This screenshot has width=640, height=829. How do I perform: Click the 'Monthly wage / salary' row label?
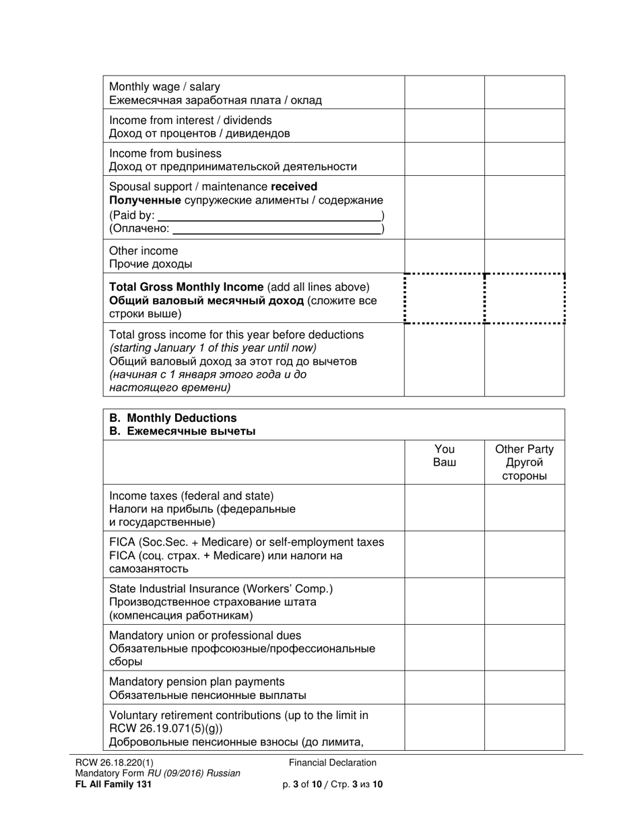(164, 87)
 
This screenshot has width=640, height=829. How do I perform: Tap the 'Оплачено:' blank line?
(276, 230)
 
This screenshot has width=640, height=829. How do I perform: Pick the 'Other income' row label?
(143, 251)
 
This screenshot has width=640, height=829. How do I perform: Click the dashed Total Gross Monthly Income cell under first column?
(444, 299)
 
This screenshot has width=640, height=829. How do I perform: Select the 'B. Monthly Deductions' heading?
(172, 418)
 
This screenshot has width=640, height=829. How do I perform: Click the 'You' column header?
(444, 450)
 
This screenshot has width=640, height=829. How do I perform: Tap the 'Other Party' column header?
(524, 450)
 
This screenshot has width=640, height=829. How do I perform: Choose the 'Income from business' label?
(165, 153)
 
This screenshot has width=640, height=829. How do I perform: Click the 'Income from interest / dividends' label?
(191, 120)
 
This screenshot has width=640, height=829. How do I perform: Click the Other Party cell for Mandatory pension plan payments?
(524, 687)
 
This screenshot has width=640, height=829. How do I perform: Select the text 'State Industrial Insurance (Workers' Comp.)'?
(221, 589)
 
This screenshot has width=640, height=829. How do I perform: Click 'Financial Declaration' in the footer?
(333, 763)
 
